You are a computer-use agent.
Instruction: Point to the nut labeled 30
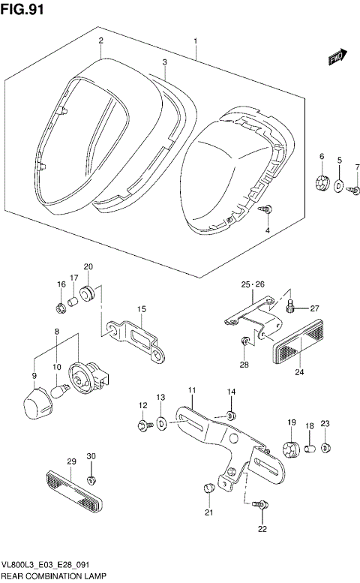[x=91, y=479]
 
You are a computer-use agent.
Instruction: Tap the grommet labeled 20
[x=88, y=291]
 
